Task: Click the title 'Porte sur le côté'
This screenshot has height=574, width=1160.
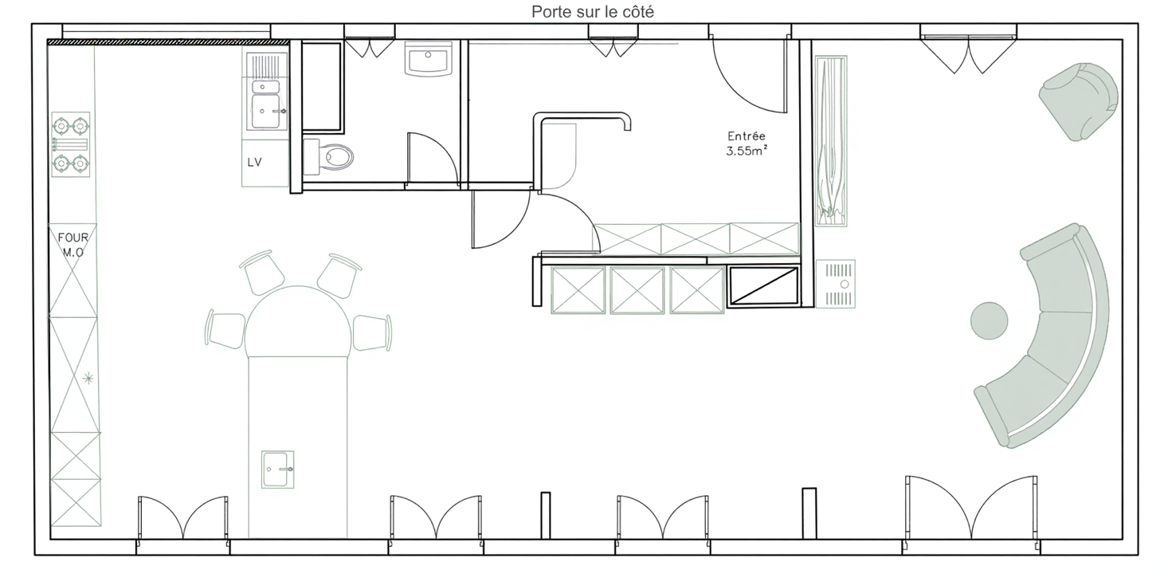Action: click(593, 11)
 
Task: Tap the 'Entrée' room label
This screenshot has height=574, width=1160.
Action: click(747, 136)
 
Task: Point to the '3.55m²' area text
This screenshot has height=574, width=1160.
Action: click(747, 151)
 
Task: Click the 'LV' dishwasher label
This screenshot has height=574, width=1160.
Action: click(254, 162)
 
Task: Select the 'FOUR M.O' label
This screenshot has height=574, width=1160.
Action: click(72, 245)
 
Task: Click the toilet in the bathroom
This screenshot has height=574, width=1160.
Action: click(328, 156)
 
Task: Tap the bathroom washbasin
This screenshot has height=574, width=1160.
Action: click(429, 58)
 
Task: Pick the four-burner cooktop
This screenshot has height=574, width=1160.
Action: click(70, 144)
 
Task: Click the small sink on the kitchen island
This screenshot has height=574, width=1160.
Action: click(277, 470)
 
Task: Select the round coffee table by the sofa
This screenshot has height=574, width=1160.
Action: click(989, 320)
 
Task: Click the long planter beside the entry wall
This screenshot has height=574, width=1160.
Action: click(831, 141)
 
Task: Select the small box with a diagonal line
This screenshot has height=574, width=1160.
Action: click(763, 285)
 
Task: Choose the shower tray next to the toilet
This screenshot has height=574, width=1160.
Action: click(321, 87)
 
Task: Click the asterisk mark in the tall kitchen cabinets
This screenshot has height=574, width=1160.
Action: click(88, 378)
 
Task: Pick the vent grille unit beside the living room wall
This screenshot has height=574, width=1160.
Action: click(836, 284)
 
